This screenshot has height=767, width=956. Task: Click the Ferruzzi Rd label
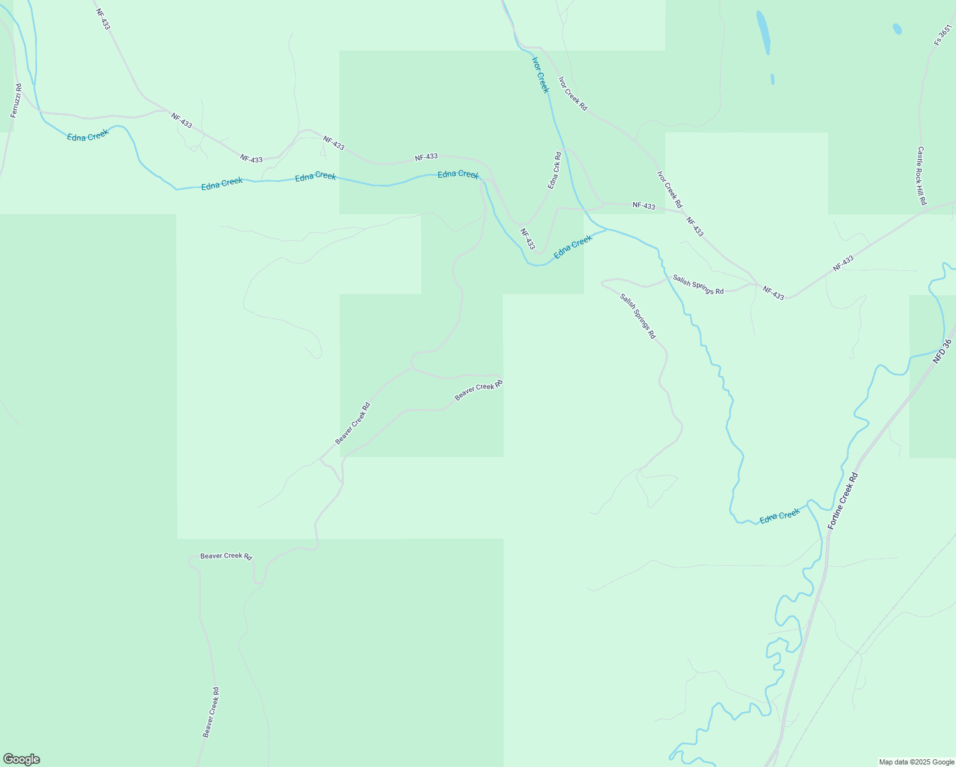coord(17,100)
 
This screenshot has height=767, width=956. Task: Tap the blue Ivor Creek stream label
coord(541,74)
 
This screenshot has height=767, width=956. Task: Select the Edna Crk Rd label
coord(554,170)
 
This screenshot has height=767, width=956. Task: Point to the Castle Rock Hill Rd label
coord(921,176)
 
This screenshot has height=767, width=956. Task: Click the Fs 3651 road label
coord(943,35)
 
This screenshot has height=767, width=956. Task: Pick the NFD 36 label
coord(942,352)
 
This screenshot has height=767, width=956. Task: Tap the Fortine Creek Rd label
coord(844,500)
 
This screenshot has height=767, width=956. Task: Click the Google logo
coord(22,759)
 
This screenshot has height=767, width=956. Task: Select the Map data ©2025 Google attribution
coord(916,762)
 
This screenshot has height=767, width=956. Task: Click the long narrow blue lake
coord(763,32)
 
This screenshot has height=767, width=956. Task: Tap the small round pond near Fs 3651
coord(897,29)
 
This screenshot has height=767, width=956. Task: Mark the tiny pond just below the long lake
coord(773,79)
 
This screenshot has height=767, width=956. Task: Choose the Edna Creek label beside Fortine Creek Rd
coord(780,516)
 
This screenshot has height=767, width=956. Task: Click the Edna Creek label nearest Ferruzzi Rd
coord(88,135)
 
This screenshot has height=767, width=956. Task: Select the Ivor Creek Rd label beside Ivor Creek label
coord(573,94)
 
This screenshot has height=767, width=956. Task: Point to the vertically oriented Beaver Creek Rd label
coord(211,713)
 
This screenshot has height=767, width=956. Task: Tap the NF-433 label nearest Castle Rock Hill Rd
coord(843,263)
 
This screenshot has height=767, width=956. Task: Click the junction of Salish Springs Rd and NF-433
coord(758,284)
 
